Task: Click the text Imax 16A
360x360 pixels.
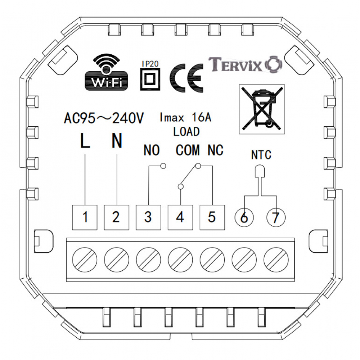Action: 186,118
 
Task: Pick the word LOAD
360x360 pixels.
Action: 186,132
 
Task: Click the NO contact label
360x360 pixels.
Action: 151,150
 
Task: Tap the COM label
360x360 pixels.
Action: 188,150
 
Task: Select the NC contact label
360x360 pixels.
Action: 215,150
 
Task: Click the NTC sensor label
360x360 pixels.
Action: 261,156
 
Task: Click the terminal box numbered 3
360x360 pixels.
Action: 148,217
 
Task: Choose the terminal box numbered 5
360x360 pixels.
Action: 212,217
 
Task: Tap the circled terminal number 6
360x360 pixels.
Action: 244,217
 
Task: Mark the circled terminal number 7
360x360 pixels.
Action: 276,217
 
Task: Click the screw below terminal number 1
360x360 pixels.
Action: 85,259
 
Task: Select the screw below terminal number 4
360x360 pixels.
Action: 180,259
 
